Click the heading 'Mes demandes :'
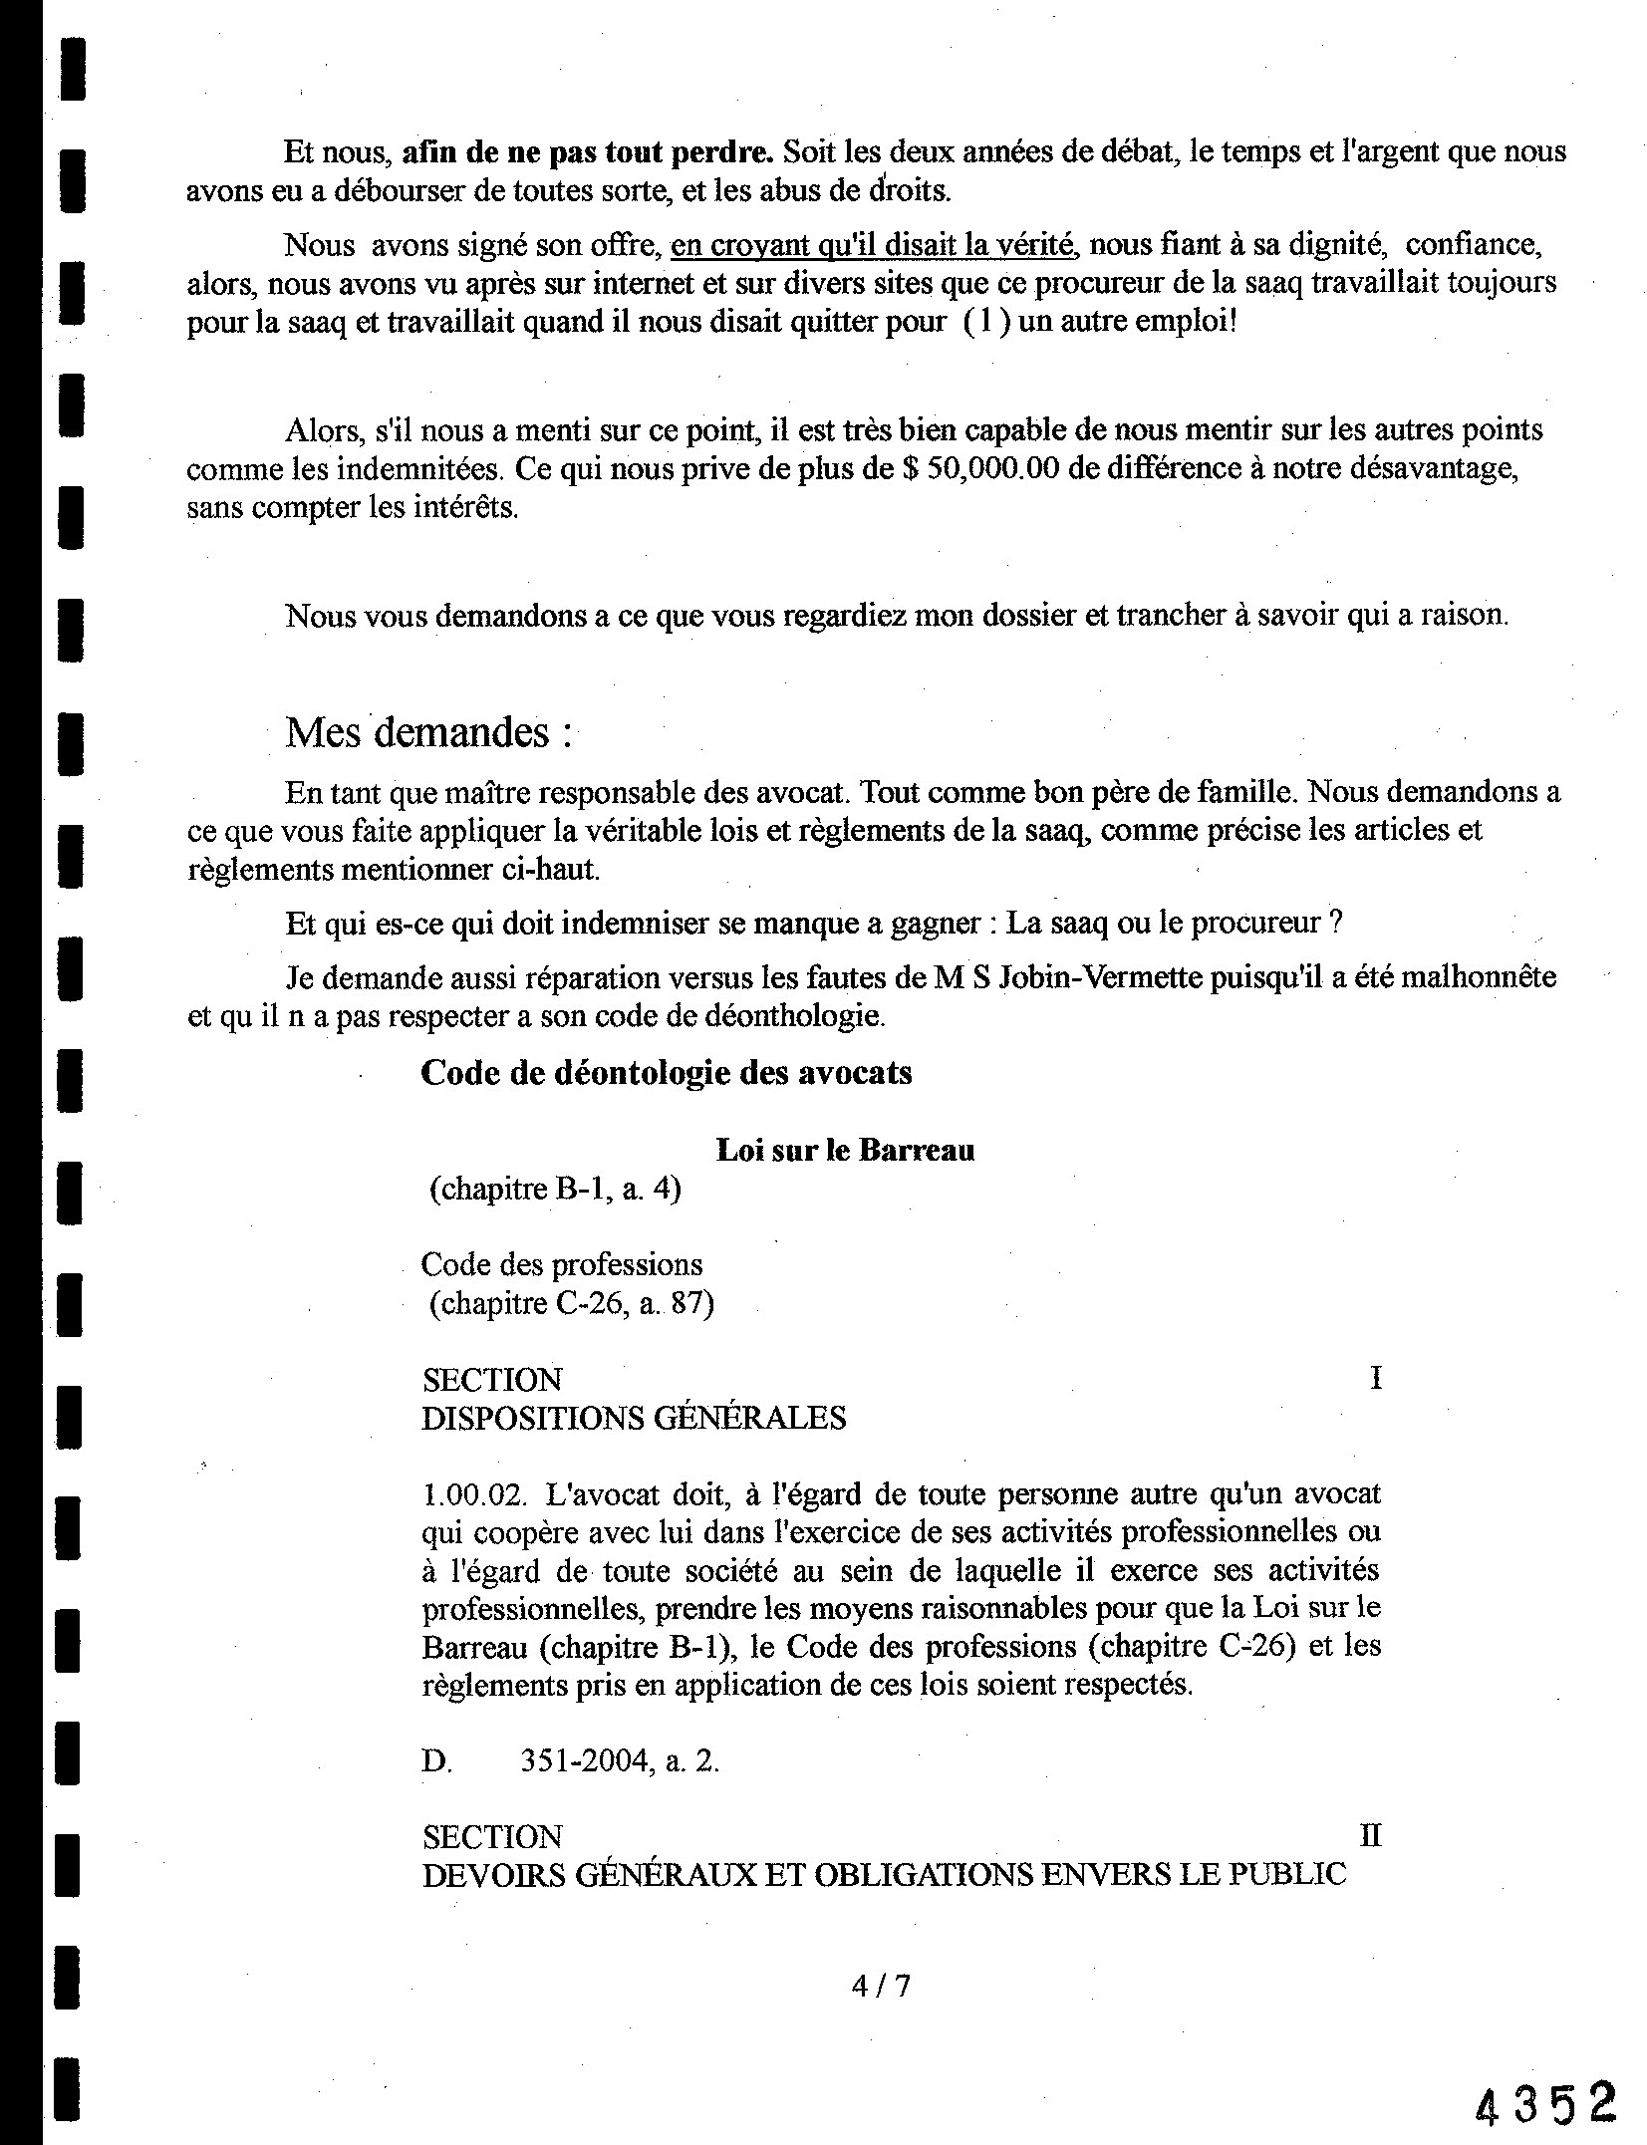429,733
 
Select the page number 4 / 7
881,1987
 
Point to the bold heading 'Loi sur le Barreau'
845,1151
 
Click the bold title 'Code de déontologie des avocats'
666,1073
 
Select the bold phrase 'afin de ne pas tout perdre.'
588,151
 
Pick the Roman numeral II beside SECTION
1370,1836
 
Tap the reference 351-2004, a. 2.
619,1761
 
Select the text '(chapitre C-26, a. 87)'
571,1303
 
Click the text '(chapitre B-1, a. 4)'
554,1190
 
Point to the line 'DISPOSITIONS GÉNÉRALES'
634,1418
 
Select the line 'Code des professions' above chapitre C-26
561,1264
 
